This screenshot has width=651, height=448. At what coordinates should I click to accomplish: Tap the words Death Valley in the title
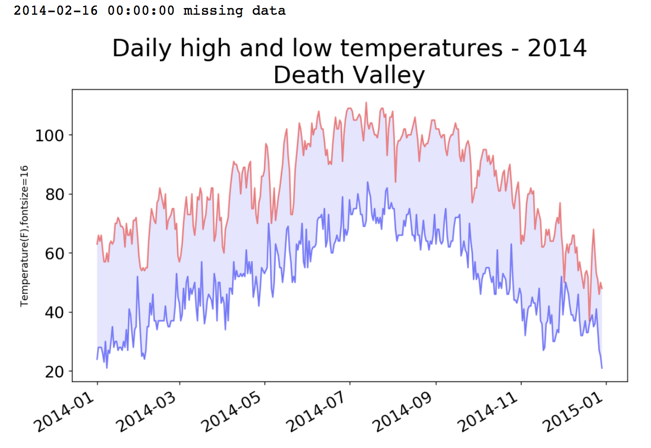pyautogui.click(x=349, y=76)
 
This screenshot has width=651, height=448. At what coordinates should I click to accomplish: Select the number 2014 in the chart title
pyautogui.click(x=557, y=49)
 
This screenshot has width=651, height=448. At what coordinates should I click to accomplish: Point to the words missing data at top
pyautogui.click(x=235, y=10)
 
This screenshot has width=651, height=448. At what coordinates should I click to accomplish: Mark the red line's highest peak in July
pyautogui.click(x=366, y=103)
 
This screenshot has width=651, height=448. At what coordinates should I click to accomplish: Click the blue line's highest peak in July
pyautogui.click(x=367, y=182)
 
